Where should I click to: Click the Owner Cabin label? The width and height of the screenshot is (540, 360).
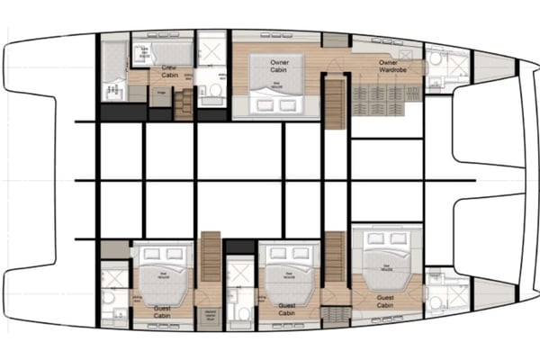click(276, 67)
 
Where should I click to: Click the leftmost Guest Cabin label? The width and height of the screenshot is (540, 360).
click(143, 311)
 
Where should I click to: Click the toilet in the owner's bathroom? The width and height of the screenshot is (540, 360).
click(433, 58)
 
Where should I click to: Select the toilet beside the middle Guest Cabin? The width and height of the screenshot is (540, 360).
click(240, 311)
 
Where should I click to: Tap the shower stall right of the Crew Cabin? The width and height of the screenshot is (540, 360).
click(212, 51)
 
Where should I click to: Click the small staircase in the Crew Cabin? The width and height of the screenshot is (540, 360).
click(184, 103)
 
